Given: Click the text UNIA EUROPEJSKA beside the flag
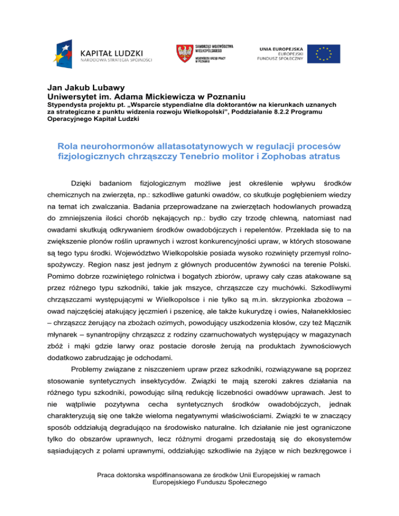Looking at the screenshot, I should point(280,48).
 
